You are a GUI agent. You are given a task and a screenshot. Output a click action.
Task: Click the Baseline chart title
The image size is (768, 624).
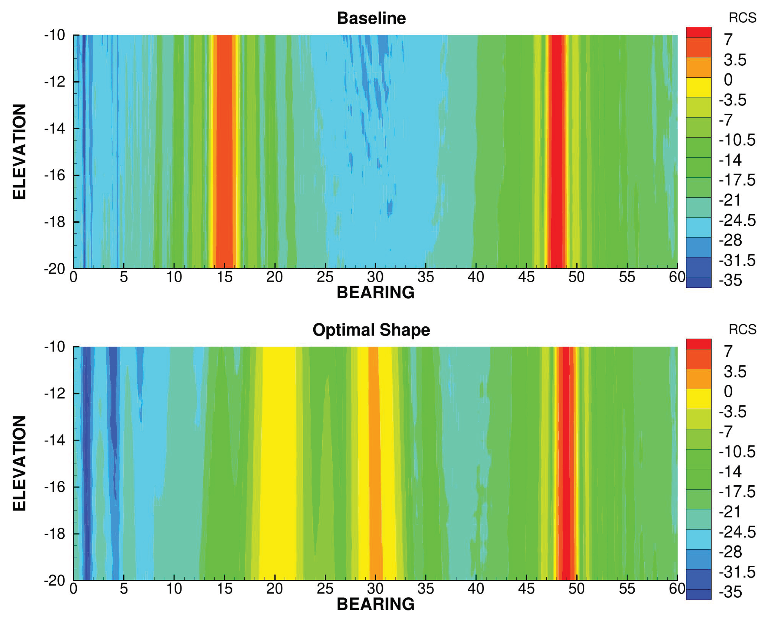(371, 18)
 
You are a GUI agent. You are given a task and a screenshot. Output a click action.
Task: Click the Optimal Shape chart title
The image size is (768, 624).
(371, 329)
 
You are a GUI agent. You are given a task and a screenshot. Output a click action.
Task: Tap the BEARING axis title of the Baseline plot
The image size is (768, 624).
(375, 292)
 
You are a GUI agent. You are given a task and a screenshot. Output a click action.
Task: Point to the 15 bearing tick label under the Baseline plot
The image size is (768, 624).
(224, 277)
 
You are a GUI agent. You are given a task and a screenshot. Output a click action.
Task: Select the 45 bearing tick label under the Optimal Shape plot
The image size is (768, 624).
(526, 588)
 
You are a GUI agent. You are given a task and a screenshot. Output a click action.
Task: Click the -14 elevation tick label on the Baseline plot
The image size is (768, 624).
(55, 128)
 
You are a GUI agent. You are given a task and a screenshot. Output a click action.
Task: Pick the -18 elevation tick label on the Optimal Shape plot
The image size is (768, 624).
(55, 533)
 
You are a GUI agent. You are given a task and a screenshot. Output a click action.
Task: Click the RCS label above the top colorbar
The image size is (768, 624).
(742, 17)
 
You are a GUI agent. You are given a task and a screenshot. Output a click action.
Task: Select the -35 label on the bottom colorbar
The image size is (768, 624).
(730, 592)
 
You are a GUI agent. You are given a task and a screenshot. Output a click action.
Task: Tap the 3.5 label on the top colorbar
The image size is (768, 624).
(735, 60)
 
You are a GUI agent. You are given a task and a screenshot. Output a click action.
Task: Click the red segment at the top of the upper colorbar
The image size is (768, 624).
(698, 32)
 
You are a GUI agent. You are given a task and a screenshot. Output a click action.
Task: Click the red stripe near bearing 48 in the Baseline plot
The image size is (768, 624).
(556, 151)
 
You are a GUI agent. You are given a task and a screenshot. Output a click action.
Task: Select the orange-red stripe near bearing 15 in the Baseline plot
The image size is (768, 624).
(224, 151)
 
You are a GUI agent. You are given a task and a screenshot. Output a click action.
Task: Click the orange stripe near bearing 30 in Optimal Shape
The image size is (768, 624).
(375, 464)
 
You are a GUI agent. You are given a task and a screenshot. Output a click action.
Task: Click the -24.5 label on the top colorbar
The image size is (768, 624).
(737, 220)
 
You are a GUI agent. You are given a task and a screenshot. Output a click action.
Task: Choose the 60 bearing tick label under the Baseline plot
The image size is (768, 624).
(677, 277)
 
